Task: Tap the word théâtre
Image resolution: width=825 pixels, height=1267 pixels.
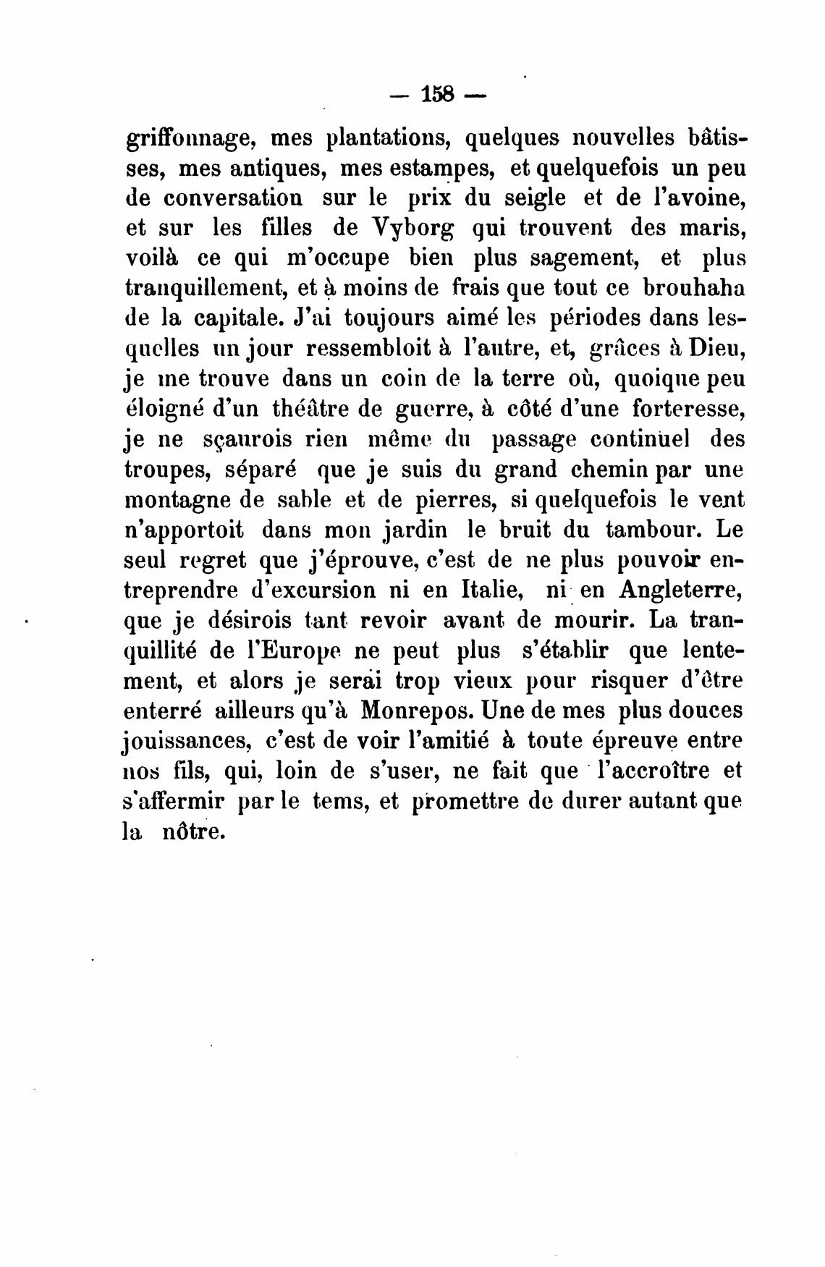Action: [x=315, y=410]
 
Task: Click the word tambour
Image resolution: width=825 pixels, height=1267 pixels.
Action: [x=653, y=530]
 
